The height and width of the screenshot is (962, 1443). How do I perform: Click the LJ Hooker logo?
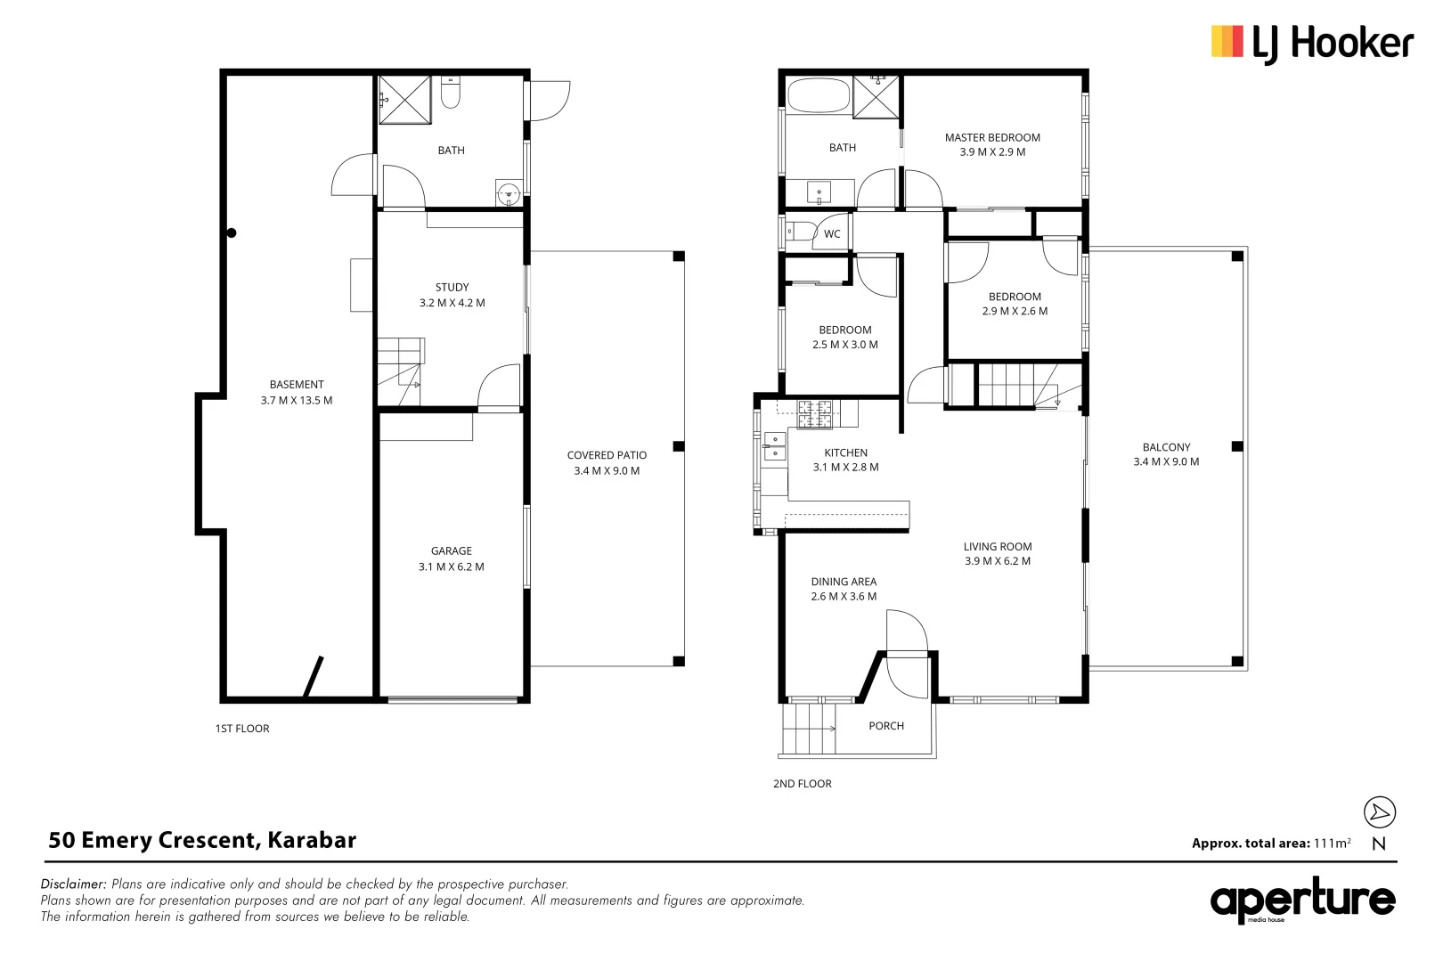click(1311, 43)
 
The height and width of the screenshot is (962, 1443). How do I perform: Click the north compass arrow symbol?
click(1380, 811)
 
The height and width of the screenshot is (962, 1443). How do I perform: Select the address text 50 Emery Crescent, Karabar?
click(202, 840)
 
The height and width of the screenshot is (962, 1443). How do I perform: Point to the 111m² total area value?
click(1332, 843)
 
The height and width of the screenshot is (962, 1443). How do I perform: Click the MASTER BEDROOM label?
click(992, 137)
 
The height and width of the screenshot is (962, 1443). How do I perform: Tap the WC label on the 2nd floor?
click(831, 234)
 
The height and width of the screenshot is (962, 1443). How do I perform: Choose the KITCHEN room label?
click(845, 452)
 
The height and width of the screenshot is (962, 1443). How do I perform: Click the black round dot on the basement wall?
click(232, 233)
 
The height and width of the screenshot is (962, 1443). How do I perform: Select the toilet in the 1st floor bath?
click(451, 93)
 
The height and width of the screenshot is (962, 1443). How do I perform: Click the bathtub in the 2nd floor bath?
click(818, 96)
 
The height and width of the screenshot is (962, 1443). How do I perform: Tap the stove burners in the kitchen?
click(815, 411)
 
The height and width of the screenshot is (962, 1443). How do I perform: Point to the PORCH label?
click(885, 726)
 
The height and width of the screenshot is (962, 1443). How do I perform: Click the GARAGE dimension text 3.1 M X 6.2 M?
click(452, 567)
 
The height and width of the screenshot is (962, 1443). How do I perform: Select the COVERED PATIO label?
click(607, 455)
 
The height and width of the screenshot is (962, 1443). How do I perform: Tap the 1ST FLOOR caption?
click(242, 729)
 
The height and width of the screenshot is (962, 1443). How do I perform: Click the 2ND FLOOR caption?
click(802, 784)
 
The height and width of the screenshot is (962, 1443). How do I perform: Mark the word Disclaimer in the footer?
click(73, 885)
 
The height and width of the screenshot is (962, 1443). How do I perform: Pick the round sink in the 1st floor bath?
click(508, 192)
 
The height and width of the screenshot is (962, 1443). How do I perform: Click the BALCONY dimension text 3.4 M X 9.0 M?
click(1166, 461)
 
